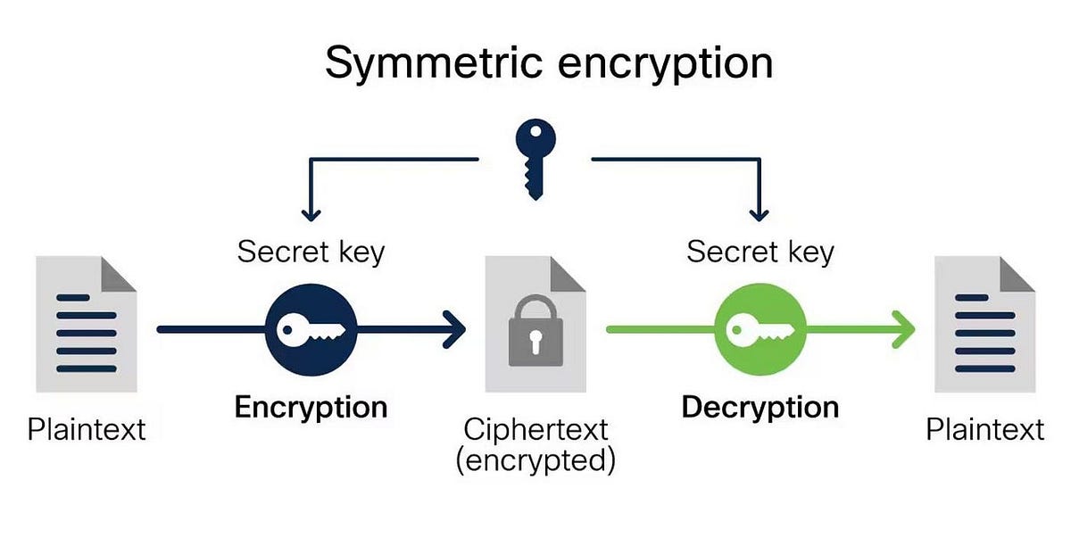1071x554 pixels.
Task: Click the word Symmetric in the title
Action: [434, 64]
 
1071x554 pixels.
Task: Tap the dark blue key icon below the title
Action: [535, 159]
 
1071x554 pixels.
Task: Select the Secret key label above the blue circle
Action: [311, 252]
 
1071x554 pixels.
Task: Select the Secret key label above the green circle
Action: [760, 252]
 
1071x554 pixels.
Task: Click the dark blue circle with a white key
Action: [311, 330]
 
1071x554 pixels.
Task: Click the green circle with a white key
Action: [760, 330]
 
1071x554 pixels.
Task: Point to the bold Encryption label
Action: [311, 408]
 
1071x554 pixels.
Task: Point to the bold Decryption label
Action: [760, 408]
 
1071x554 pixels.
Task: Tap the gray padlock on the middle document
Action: [535, 331]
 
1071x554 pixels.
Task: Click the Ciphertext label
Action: [535, 429]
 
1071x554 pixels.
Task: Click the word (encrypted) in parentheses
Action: [535, 460]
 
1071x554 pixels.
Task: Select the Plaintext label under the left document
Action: [87, 429]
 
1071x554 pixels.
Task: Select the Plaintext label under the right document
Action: [985, 429]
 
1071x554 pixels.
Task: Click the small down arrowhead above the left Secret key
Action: [311, 216]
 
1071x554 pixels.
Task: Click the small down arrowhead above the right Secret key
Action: [760, 216]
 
